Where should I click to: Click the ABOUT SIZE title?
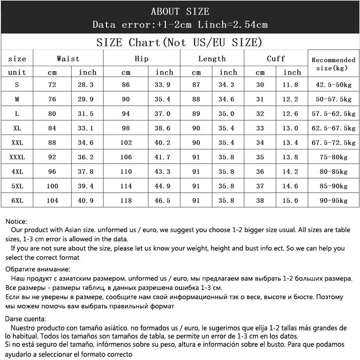(180, 11)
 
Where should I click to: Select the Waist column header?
(68, 58)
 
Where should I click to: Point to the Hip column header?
(141, 58)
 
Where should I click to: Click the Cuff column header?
(276, 58)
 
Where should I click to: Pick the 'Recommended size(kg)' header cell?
(333, 64)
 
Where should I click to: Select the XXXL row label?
(17, 157)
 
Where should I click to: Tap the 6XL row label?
(17, 200)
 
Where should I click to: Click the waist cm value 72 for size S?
(52, 85)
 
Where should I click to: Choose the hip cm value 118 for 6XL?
(126, 200)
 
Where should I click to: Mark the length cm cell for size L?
(196, 114)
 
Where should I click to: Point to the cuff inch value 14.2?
(292, 171)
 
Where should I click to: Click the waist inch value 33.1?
(88, 128)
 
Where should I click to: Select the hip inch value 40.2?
(164, 143)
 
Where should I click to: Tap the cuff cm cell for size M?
(260, 99)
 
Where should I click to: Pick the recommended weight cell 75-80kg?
(333, 157)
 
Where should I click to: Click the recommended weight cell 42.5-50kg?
(333, 85)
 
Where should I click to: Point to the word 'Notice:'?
(16, 222)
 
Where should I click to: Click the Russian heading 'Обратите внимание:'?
(38, 269)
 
